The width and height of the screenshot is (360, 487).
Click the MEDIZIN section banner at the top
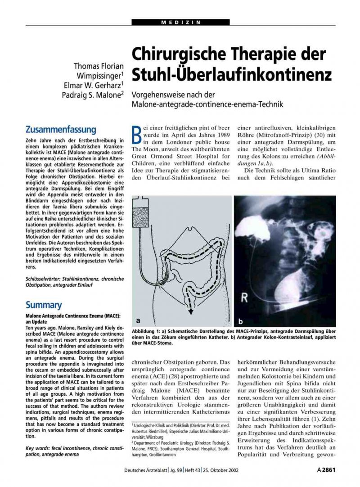coord(180,22)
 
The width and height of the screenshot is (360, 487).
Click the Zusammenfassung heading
coord(61,130)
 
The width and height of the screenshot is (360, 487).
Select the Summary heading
coord(44,305)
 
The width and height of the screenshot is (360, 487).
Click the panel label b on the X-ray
coord(240,321)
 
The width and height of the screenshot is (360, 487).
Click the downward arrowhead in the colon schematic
coord(192,311)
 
